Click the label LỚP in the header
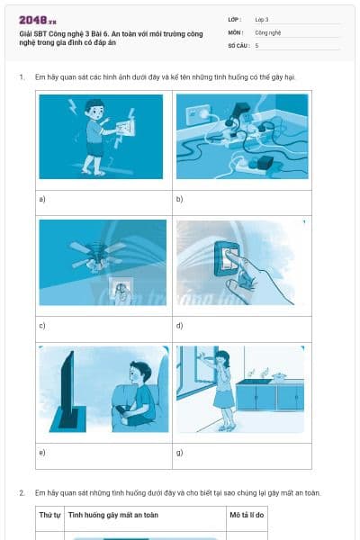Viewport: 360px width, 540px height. tap(235, 19)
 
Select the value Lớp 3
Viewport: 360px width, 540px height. tap(261, 19)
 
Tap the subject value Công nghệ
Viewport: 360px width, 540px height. tap(268, 31)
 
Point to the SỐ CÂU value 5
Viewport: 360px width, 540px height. tap(256, 44)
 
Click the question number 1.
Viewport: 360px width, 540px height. tap(21, 77)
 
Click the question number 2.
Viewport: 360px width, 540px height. tap(21, 492)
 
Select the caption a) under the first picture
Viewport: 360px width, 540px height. tap(42, 198)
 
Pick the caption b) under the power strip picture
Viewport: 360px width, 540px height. tap(180, 198)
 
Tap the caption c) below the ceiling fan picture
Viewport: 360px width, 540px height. tap(42, 325)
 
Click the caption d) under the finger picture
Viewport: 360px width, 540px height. tap(180, 325)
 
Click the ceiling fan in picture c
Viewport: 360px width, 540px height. tap(98, 253)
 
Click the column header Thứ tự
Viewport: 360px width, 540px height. tap(49, 515)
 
